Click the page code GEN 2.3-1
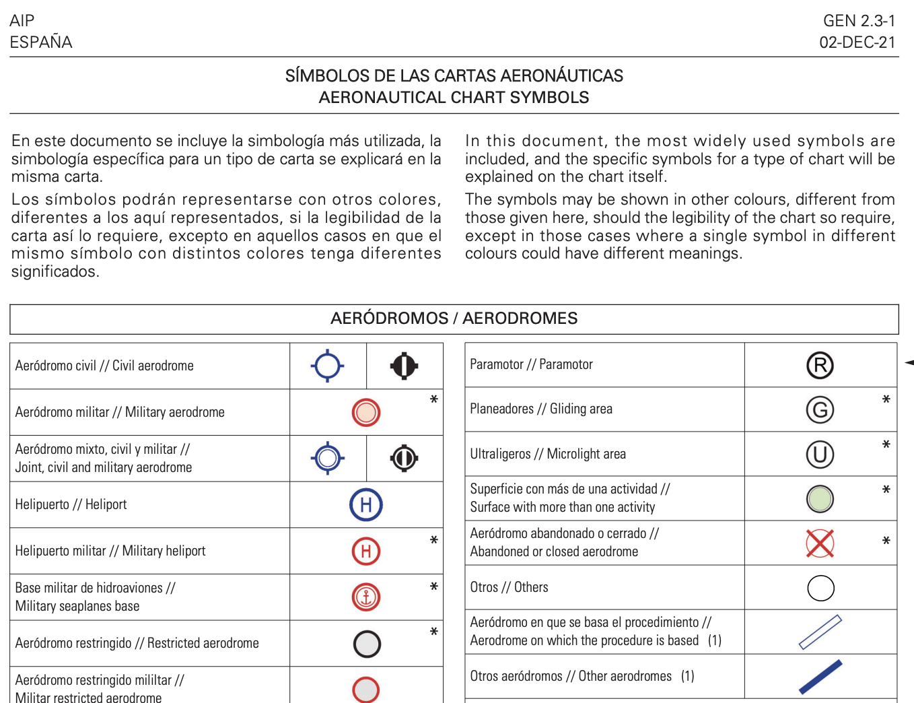click(x=859, y=21)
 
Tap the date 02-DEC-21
click(x=857, y=42)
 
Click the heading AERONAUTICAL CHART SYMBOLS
click(x=454, y=98)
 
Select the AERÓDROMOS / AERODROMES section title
click(x=454, y=319)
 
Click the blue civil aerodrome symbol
click(x=328, y=366)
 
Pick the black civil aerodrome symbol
click(x=404, y=366)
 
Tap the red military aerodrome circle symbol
click(x=366, y=412)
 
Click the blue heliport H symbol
click(x=366, y=504)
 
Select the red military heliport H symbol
click(x=366, y=551)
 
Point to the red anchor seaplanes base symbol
click(x=366, y=597)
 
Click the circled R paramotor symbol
click(x=820, y=366)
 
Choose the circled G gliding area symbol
click(x=820, y=409)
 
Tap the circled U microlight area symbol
click(x=820, y=455)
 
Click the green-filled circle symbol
click(x=820, y=499)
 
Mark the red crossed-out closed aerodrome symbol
click(x=820, y=543)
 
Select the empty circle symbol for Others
click(x=820, y=588)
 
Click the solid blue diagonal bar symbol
click(x=820, y=677)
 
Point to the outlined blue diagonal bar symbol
click(x=820, y=632)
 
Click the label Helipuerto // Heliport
click(x=71, y=504)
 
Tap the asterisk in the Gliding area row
click(x=886, y=400)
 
